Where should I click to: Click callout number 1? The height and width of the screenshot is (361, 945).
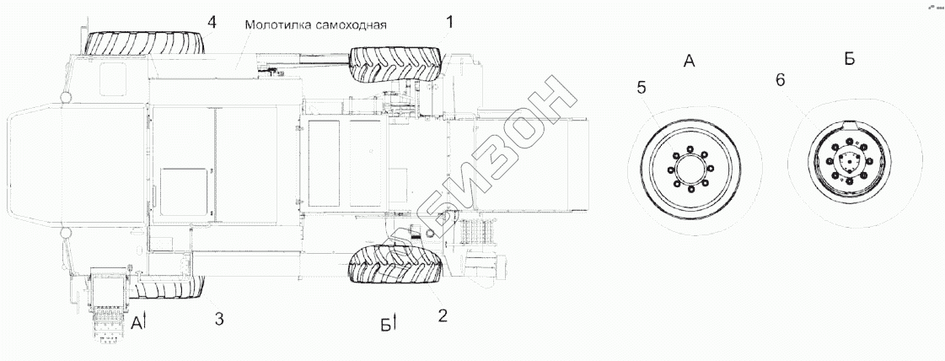[x=449, y=22]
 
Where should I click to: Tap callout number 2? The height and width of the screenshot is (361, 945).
[x=443, y=315]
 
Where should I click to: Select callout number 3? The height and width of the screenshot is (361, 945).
[x=219, y=319]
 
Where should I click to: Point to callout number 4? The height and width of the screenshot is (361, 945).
[x=211, y=22]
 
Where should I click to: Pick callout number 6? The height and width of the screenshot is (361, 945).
[x=781, y=81]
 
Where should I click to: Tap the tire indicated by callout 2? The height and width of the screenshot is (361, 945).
[x=396, y=264]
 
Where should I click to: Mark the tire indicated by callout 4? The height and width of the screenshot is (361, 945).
[x=145, y=43]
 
